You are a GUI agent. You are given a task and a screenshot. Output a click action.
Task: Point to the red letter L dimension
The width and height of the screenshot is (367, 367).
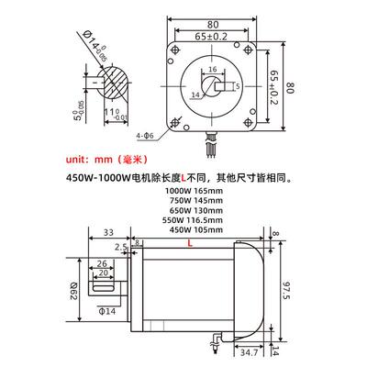pyautogui.click(x=189, y=246)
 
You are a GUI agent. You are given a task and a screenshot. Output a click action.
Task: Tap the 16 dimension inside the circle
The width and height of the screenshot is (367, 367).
pyautogui.click(x=213, y=69)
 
